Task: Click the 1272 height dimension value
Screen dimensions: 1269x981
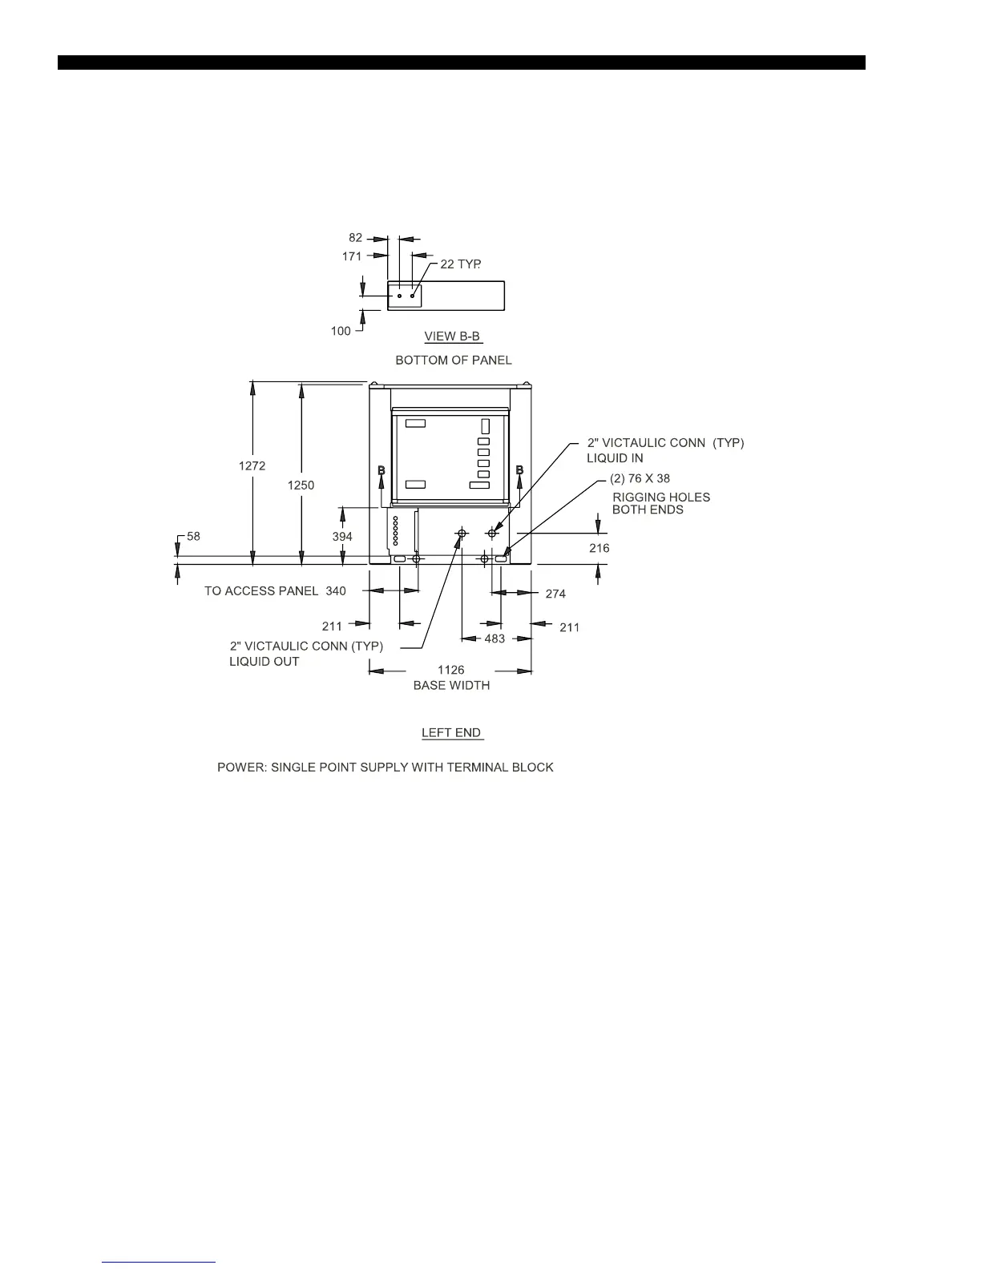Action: [252, 465]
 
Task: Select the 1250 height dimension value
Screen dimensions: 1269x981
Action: [301, 485]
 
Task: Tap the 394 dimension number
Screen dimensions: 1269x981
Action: [342, 537]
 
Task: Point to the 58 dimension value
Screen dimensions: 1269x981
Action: [193, 536]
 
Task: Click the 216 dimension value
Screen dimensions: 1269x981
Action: [599, 549]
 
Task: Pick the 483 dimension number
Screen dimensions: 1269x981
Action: [495, 639]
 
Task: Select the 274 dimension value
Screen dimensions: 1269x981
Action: [555, 594]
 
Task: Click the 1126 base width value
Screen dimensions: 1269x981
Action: [450, 670]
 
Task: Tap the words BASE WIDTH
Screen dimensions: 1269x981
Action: [451, 685]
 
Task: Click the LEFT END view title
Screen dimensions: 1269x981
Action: [451, 732]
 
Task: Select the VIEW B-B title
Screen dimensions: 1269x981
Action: [452, 336]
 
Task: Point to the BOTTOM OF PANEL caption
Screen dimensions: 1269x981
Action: [454, 361]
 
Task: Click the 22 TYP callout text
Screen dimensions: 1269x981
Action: [461, 264]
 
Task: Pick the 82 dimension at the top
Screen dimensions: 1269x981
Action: [355, 238]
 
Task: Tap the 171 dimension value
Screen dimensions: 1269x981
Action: [352, 256]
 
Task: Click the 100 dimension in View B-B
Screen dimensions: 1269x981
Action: [341, 331]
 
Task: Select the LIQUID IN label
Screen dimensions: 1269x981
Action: [615, 458]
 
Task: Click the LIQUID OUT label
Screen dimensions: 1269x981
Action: [264, 662]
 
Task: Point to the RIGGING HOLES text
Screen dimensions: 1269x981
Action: [661, 497]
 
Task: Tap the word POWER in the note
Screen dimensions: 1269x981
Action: [236, 767]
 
